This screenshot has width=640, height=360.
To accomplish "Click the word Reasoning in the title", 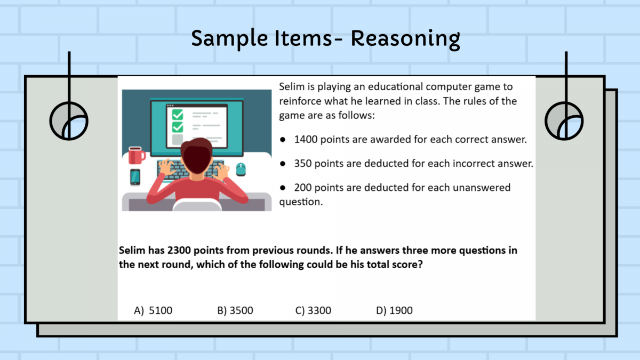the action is (x=405, y=39).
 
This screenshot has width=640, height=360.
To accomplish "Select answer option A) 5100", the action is (x=153, y=310).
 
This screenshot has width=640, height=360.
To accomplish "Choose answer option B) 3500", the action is (x=235, y=310).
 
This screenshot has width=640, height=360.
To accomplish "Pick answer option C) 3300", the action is (x=313, y=310).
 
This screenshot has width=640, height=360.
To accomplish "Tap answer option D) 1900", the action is (x=394, y=310).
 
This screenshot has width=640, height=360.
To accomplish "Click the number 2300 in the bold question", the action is (x=179, y=250).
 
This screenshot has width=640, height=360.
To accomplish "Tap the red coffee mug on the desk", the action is (x=137, y=155).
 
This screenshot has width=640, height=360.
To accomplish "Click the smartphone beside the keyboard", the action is (x=135, y=177).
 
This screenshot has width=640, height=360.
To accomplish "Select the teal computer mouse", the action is (x=241, y=170).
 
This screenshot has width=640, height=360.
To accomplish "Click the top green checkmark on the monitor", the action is (x=178, y=115).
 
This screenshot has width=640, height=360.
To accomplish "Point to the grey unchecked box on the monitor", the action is (x=178, y=139).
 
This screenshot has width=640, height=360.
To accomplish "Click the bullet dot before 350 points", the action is (x=283, y=164).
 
